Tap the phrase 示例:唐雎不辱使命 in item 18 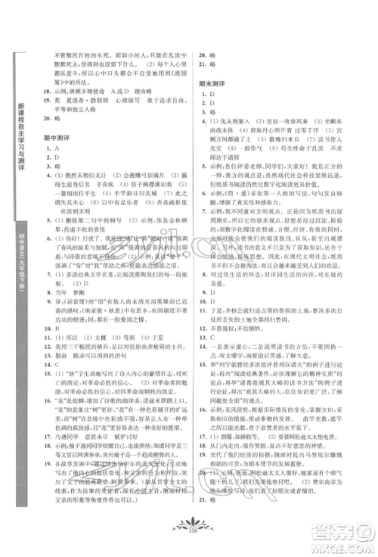(81, 107)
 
